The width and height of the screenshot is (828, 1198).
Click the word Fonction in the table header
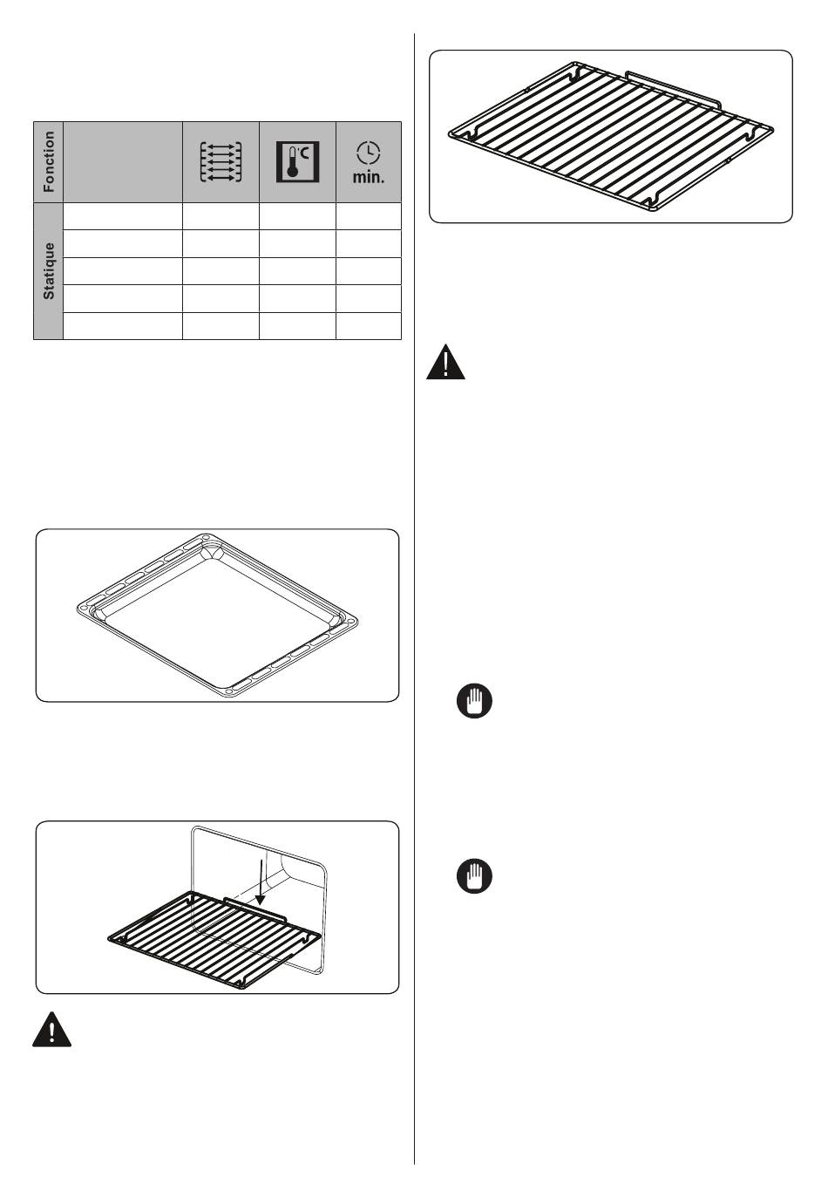pyautogui.click(x=49, y=161)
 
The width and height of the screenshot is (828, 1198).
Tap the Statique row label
pyautogui.click(x=49, y=270)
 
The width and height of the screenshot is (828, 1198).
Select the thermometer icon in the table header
pyautogui.click(x=297, y=161)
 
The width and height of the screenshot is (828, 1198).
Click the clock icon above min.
pyautogui.click(x=369, y=153)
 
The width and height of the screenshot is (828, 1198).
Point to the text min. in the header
pyautogui.click(x=369, y=177)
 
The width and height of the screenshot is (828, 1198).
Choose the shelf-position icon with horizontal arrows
pyautogui.click(x=221, y=161)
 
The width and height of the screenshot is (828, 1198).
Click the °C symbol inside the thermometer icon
pyautogui.click(x=303, y=154)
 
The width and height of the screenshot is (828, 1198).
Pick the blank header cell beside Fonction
pyautogui.click(x=123, y=162)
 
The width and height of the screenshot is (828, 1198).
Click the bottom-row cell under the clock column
pyautogui.click(x=369, y=326)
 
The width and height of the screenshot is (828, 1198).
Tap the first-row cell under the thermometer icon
pyautogui.click(x=297, y=216)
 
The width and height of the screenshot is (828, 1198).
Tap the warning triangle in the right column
pyautogui.click(x=445, y=363)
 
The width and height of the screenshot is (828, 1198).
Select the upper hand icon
pyautogui.click(x=474, y=700)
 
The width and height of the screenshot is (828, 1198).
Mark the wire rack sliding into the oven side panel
pyautogui.click(x=214, y=940)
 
